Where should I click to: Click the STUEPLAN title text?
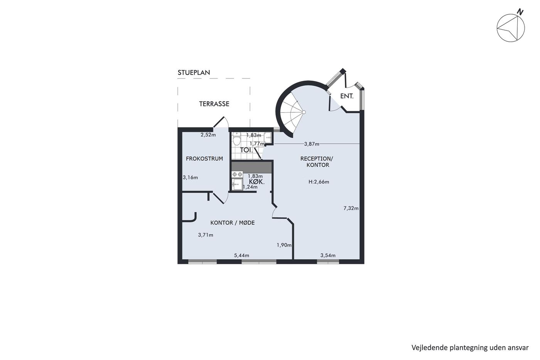[x=194, y=73]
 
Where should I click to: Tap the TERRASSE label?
[x=214, y=104]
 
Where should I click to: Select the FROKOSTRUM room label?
[x=204, y=159]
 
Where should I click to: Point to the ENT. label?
[x=347, y=96]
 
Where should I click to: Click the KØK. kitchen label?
[x=257, y=182]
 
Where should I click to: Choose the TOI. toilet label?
[x=246, y=150]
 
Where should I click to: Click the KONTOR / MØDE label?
[x=232, y=223]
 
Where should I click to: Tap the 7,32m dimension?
[x=351, y=208]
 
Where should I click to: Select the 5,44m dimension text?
[x=241, y=255]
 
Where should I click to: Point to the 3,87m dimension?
[x=312, y=144]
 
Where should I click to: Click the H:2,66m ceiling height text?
[x=319, y=182]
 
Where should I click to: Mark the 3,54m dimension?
[x=328, y=255]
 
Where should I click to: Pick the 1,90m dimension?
[x=284, y=245]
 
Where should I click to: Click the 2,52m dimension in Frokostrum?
[x=208, y=135]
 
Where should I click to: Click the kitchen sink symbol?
[x=237, y=184]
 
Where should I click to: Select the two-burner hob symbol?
[x=237, y=174]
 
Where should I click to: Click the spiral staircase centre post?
[x=304, y=112]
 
